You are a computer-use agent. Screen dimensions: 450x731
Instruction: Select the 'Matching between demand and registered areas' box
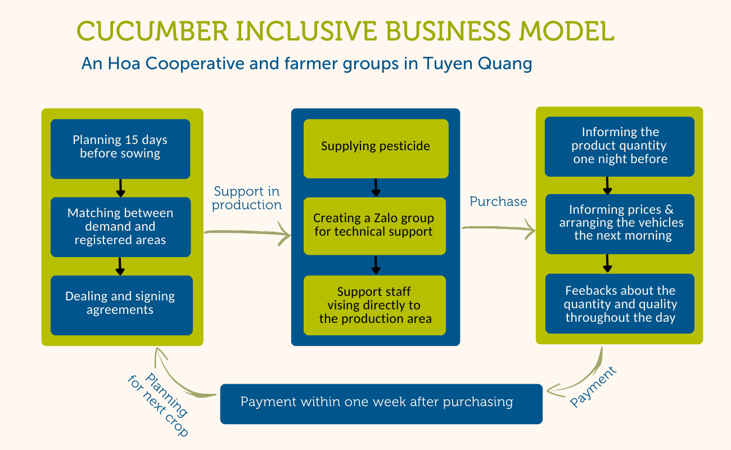click(120, 227)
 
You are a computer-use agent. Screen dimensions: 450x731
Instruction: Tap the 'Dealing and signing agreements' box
click(120, 305)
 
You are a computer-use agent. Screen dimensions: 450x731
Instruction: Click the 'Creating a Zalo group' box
click(374, 226)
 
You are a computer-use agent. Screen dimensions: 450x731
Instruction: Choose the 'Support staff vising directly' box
click(374, 305)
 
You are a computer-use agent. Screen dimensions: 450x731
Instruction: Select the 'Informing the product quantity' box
click(620, 146)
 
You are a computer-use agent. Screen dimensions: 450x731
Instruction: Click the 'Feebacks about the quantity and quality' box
click(620, 304)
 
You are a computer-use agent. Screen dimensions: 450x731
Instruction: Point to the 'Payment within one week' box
click(381, 403)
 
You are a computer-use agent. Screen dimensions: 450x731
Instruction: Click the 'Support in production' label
click(246, 199)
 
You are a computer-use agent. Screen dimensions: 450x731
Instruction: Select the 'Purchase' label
click(498, 201)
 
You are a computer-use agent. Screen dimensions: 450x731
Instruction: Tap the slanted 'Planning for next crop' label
click(159, 404)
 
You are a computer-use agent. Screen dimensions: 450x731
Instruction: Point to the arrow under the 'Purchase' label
click(498, 228)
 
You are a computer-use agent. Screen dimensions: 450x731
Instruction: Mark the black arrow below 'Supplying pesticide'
click(376, 188)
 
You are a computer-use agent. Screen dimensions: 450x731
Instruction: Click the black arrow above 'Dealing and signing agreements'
click(120, 266)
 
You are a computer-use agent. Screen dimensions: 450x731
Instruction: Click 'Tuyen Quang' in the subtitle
click(477, 64)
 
